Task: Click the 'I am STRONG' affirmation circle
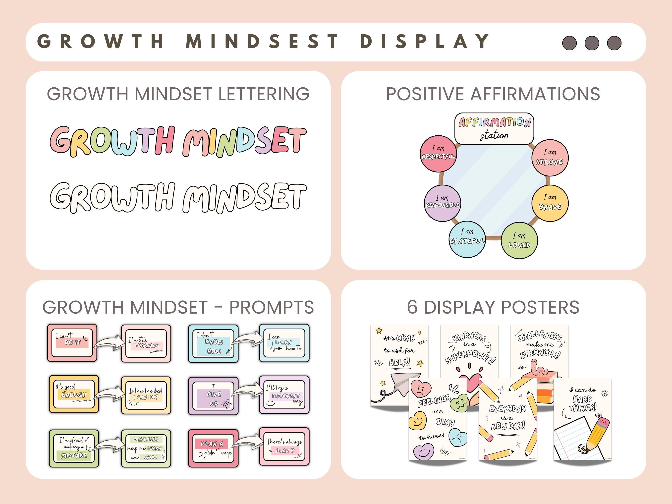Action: click(550, 158)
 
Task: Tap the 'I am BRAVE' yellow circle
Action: click(550, 203)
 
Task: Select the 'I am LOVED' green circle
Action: click(519, 240)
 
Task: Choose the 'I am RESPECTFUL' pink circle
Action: click(438, 153)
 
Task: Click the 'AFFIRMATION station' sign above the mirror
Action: click(494, 128)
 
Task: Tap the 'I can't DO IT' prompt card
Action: click(72, 343)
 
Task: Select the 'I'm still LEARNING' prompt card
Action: click(146, 343)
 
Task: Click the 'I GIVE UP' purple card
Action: click(213, 396)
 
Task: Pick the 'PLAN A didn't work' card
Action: click(213, 448)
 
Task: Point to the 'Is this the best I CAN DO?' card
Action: click(146, 395)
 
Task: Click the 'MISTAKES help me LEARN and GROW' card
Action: click(146, 448)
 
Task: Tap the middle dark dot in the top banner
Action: click(592, 43)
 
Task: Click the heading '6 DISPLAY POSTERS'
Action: click(493, 307)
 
